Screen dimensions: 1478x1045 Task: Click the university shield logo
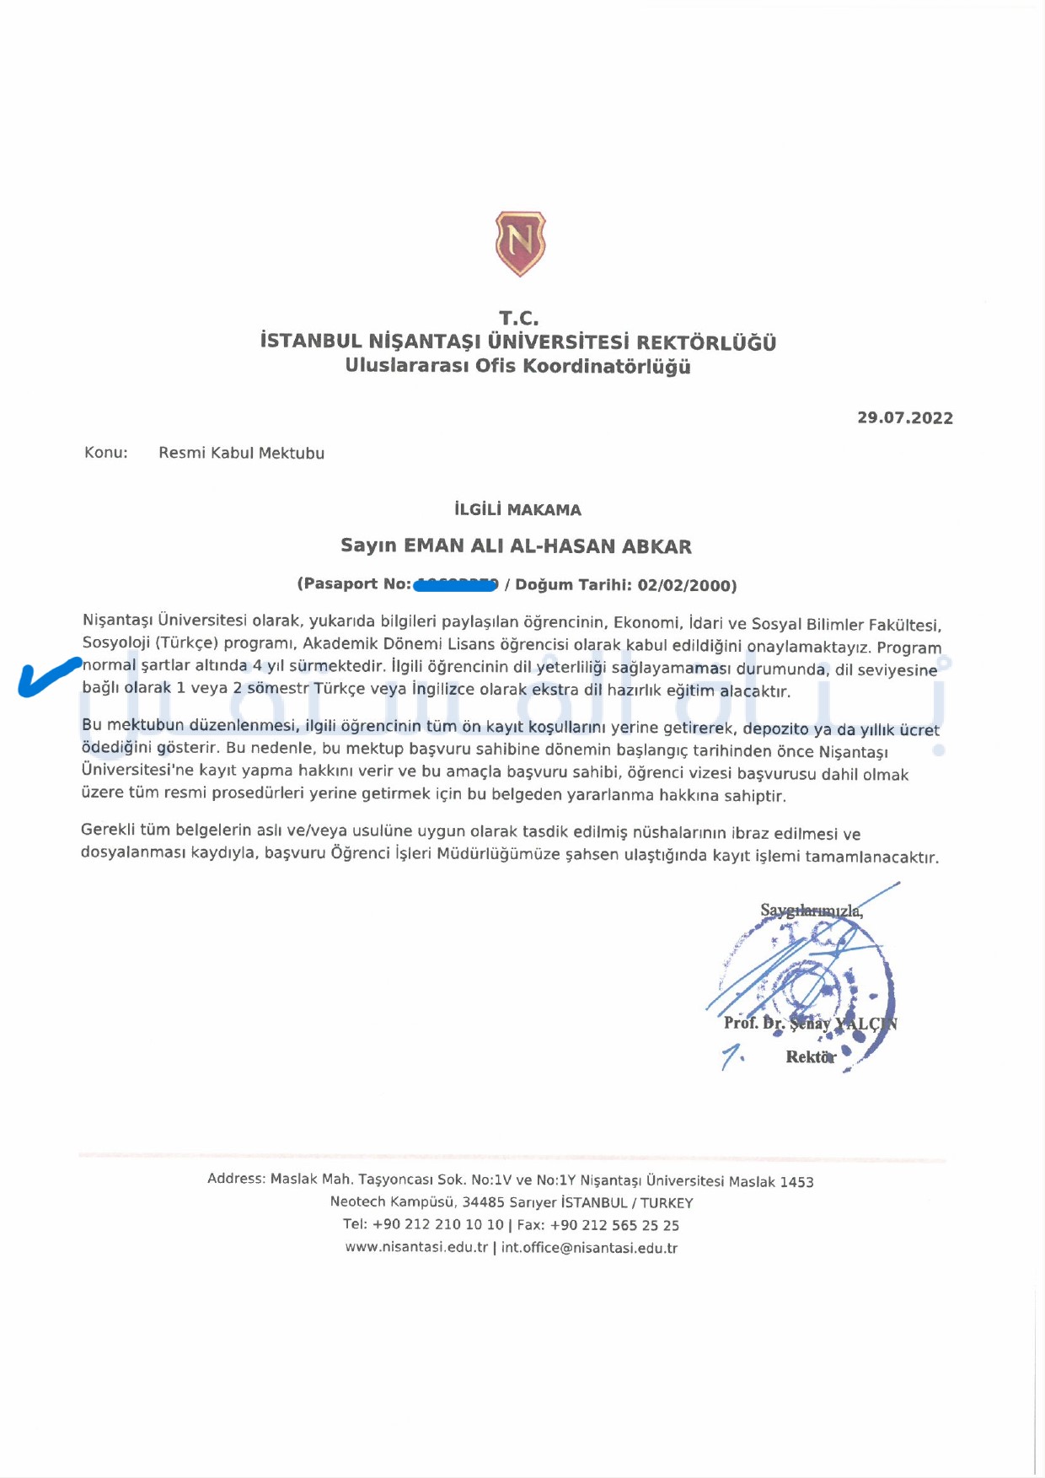[520, 244]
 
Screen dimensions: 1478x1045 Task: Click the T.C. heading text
[518, 319]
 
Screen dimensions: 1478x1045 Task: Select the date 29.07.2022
[905, 418]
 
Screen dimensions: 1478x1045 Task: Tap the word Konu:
[106, 453]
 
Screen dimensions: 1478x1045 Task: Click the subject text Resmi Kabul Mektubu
[241, 453]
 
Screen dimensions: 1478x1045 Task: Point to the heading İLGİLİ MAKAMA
[517, 510]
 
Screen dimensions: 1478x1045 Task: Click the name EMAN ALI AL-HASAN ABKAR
[548, 546]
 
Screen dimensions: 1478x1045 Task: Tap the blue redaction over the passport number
[456, 583]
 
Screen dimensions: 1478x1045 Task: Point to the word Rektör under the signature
[810, 1056]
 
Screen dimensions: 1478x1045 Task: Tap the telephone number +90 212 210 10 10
[437, 1224]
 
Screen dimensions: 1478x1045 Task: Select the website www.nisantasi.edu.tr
[416, 1247]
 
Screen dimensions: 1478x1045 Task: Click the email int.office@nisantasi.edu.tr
[589, 1248]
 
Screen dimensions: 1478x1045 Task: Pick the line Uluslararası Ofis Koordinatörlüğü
[517, 367]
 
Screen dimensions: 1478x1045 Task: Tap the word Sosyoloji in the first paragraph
[116, 642]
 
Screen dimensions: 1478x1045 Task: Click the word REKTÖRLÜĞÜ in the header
[706, 343]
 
